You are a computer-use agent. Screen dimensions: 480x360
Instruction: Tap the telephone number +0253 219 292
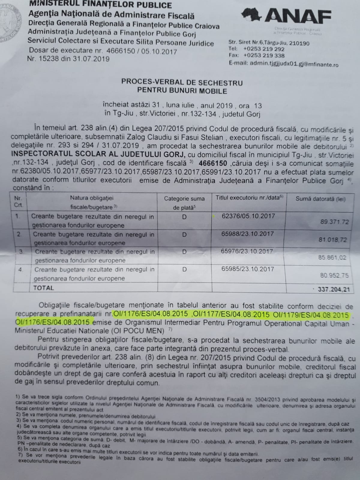point(264,49)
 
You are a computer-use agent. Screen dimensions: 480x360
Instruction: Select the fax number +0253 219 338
point(264,56)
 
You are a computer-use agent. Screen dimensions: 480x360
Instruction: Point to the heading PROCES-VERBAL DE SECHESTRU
point(182,82)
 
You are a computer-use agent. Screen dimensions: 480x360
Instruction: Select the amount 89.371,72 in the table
point(334,222)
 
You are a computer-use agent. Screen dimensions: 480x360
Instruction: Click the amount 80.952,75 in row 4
point(334,275)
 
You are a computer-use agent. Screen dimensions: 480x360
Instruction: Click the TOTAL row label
point(44,288)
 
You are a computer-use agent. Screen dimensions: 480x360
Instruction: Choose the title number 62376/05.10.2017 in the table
point(248,216)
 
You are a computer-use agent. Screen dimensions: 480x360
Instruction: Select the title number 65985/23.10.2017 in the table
point(248,269)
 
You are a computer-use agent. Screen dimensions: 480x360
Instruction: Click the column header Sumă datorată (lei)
point(320,199)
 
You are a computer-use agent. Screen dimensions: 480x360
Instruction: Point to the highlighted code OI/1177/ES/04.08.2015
point(231,315)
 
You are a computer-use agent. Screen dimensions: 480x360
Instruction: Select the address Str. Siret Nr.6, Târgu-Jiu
point(269,43)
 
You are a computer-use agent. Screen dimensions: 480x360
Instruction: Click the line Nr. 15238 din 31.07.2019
point(68,59)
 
